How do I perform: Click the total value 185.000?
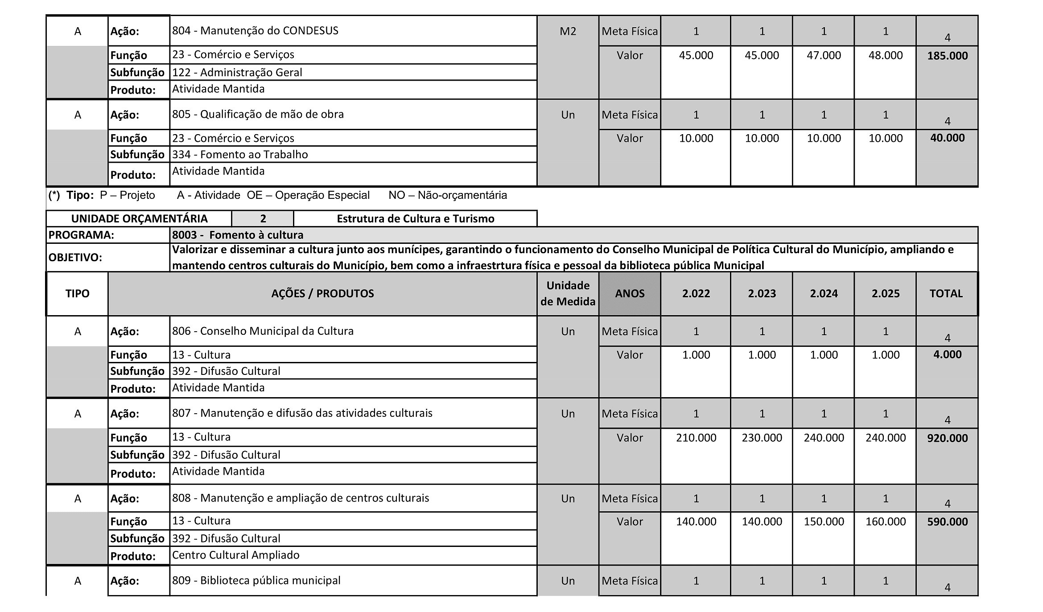point(947,56)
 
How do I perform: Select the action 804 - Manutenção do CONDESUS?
point(255,31)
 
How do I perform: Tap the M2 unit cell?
point(568,31)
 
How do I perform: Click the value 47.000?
point(824,55)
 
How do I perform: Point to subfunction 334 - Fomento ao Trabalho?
point(240,155)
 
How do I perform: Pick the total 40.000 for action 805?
point(947,138)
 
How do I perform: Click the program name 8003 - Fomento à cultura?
point(238,235)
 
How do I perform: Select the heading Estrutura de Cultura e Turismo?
point(415,219)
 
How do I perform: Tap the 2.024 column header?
point(824,294)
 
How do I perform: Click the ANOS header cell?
point(630,294)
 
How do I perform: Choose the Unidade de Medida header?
point(568,294)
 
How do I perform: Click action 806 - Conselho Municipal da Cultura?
point(263,331)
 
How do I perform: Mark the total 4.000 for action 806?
point(947,354)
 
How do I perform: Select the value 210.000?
point(696,438)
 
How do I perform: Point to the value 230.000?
point(762,438)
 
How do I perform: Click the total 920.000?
point(947,438)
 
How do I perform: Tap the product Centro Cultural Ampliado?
point(235,555)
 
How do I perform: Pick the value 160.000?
point(885,522)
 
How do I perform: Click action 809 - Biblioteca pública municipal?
point(256,580)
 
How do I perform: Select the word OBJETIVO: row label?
point(75,258)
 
